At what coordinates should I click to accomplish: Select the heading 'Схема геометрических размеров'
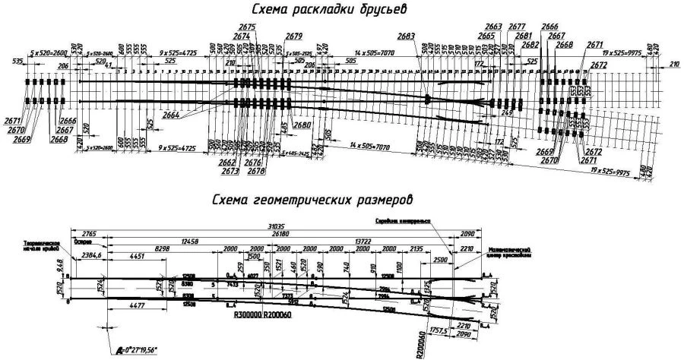(x=313, y=201)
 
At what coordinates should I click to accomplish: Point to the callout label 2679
(x=295, y=36)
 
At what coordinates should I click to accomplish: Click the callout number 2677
(x=517, y=27)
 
